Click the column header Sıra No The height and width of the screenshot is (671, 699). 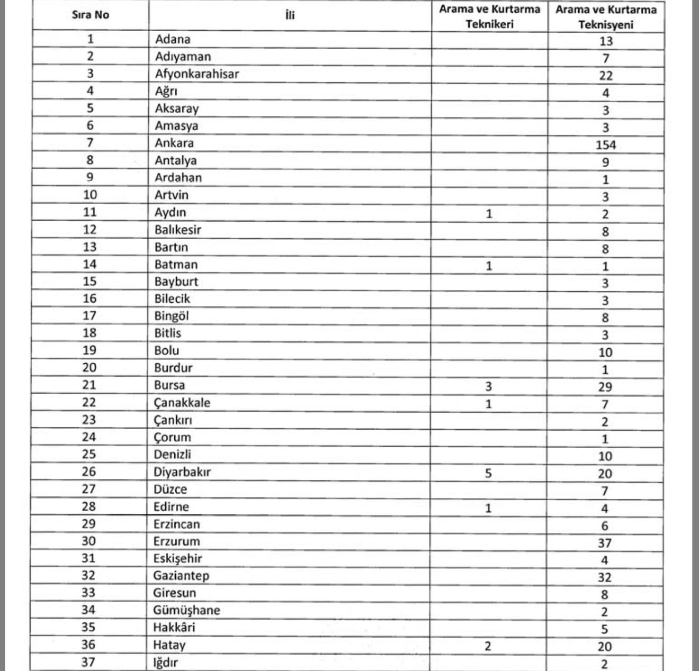[x=91, y=15]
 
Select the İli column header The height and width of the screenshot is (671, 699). [x=290, y=15]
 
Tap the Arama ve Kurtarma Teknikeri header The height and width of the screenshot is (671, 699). [x=490, y=16]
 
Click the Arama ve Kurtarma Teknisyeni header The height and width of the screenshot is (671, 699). [x=606, y=17]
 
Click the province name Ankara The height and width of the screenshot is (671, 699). [x=174, y=143]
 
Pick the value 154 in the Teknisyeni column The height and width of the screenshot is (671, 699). [x=605, y=145]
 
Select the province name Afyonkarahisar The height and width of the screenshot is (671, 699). [x=197, y=74]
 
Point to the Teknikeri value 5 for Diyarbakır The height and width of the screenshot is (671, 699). [x=488, y=473]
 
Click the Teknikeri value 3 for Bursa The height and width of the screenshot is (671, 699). [x=488, y=387]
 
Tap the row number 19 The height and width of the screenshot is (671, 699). [x=89, y=350]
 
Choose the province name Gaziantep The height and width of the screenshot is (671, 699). [x=181, y=576]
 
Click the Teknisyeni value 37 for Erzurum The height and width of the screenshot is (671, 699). [x=604, y=543]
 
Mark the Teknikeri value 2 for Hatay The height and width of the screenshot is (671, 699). [x=488, y=646]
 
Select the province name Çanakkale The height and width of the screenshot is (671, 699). [x=182, y=403]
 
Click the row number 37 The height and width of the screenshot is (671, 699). [x=88, y=662]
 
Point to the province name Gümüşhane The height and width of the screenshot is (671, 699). [x=186, y=610]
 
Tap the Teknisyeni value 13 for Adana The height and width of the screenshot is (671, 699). [x=606, y=41]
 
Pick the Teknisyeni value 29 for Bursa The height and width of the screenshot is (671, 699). [x=605, y=387]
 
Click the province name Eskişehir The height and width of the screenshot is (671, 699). [x=178, y=558]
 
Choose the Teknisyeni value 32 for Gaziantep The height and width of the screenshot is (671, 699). [x=604, y=577]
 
